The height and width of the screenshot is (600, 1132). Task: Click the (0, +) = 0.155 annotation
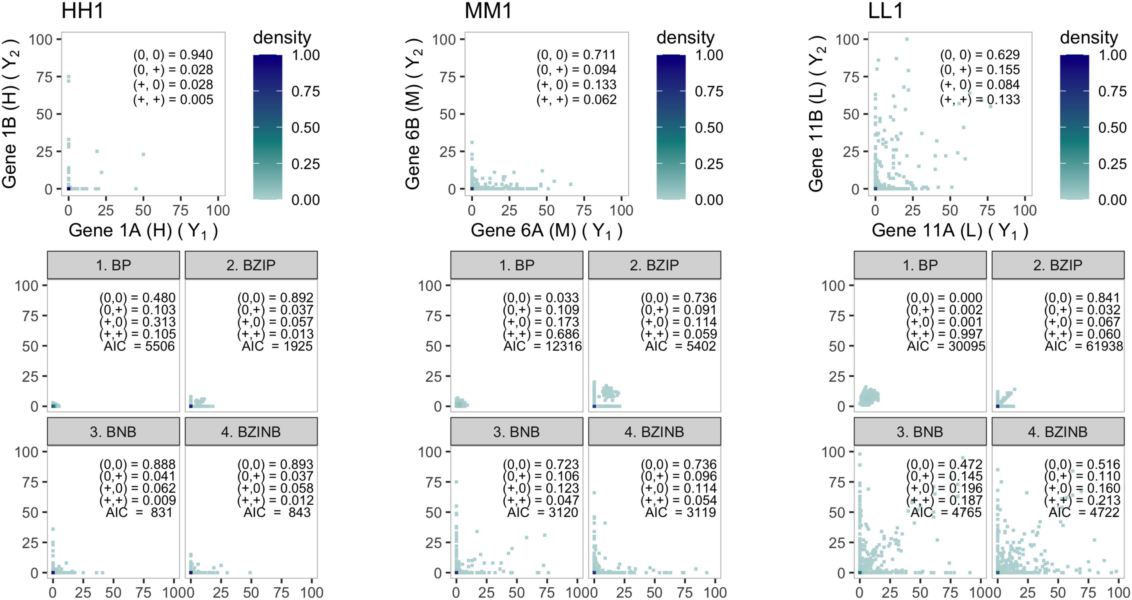(980, 69)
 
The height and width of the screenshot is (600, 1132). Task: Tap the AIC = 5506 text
(139, 346)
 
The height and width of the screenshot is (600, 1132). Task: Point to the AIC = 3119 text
(680, 512)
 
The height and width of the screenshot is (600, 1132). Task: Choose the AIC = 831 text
(139, 512)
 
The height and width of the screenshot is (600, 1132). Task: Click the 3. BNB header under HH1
(114, 431)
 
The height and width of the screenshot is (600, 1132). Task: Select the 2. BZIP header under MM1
(654, 265)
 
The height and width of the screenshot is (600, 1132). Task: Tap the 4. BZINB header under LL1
(1058, 431)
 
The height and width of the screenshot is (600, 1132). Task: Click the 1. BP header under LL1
(920, 265)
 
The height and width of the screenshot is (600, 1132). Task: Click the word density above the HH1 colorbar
(282, 37)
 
